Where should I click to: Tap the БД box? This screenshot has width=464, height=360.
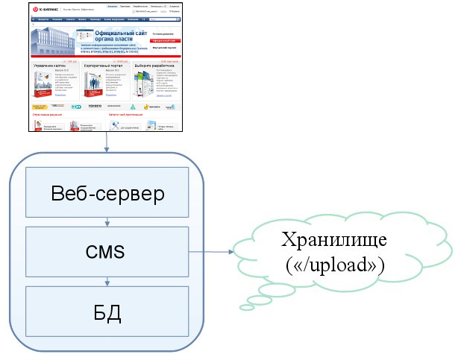click(107, 309)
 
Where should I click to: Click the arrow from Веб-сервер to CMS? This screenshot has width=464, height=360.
click(108, 222)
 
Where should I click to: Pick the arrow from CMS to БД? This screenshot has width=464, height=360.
click(108, 280)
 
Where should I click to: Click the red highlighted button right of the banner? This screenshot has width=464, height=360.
click(165, 40)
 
